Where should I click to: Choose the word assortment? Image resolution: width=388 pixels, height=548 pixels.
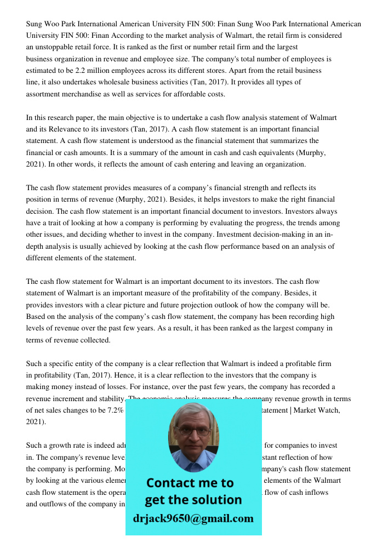[45, 94]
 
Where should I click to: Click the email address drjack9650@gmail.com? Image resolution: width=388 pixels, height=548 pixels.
[193, 518]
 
